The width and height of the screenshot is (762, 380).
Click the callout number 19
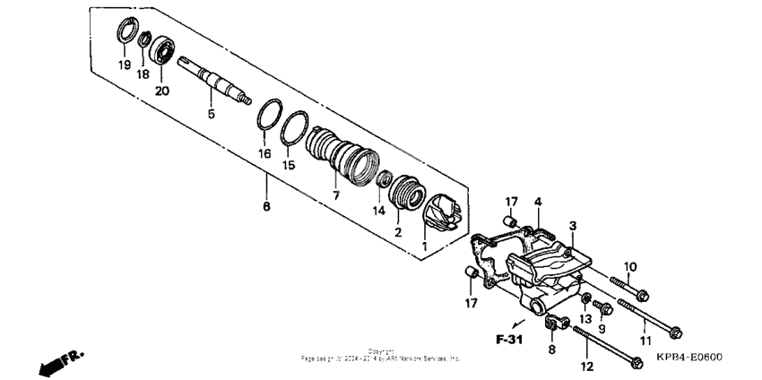[124, 65]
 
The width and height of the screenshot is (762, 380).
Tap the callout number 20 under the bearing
[162, 91]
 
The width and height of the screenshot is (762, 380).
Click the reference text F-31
[509, 340]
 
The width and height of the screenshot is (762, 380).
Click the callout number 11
[645, 341]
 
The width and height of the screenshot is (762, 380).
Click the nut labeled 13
[584, 298]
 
